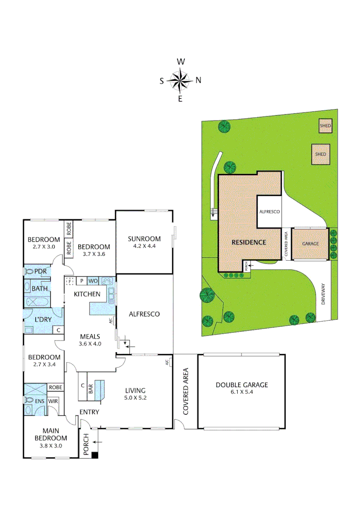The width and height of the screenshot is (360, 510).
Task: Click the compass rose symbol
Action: (180, 80)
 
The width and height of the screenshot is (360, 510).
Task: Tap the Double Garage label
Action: (242, 385)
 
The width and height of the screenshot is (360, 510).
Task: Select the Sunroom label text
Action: (144, 238)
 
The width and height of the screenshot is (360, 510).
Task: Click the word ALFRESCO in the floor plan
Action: (144, 314)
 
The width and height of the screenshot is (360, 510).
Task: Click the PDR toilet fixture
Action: (29, 272)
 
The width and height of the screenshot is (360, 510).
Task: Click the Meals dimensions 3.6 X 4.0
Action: (90, 344)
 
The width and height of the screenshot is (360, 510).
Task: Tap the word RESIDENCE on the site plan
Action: (249, 242)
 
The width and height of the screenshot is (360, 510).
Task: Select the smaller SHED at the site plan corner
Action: (325, 126)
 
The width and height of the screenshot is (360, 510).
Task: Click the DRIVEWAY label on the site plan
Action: (324, 294)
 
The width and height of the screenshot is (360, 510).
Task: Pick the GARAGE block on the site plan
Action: (310, 244)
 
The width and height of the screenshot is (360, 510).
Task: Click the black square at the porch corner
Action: (95, 455)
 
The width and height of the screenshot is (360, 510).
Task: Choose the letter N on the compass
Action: (198, 80)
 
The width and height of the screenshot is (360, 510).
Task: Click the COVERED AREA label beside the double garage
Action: (185, 391)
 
